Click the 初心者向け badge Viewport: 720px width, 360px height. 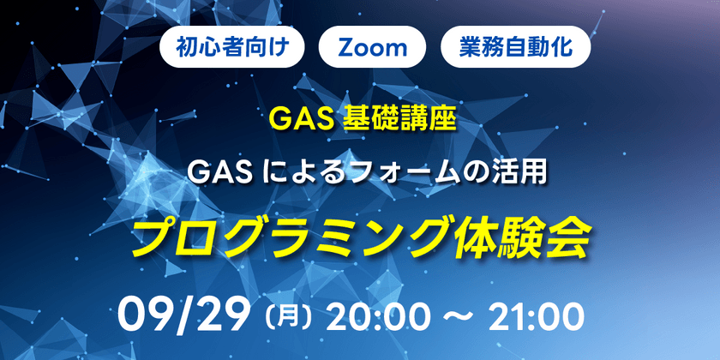pos(231,47)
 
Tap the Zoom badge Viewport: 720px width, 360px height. pos(373,47)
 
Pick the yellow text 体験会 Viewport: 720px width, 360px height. pos(523,236)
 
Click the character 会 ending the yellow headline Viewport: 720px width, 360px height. pos(569,236)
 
